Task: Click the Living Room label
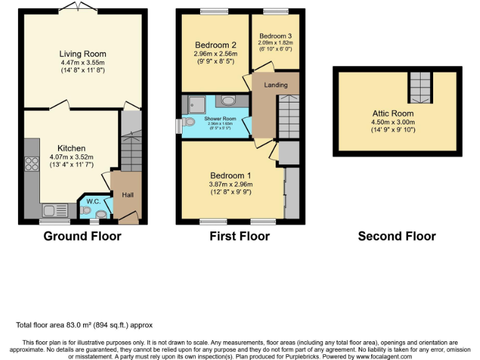click(82, 54)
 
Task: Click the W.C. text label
click(93, 202)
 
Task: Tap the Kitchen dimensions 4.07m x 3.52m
click(71, 157)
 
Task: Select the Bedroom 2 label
click(215, 45)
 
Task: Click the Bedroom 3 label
click(276, 36)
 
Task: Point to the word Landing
click(276, 85)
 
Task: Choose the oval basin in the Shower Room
click(228, 101)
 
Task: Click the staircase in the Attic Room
click(420, 87)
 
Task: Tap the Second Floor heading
click(397, 236)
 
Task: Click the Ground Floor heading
click(82, 236)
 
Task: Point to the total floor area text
click(84, 325)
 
